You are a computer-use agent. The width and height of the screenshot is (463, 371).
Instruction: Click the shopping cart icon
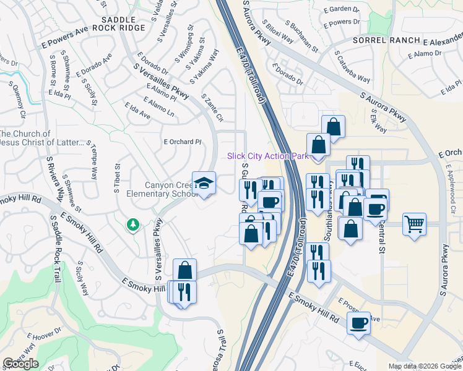pyautogui.click(x=414, y=224)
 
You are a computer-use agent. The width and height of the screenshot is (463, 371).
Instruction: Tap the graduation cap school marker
pyautogui.click(x=204, y=183)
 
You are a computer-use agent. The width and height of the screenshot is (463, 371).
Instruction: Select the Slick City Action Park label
pyautogui.click(x=267, y=156)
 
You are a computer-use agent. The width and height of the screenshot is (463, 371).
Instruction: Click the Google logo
pyautogui.click(x=20, y=364)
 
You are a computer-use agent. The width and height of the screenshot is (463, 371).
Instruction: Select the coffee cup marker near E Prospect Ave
pyautogui.click(x=358, y=323)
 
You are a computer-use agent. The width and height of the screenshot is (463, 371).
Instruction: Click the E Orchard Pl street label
pyautogui.click(x=183, y=141)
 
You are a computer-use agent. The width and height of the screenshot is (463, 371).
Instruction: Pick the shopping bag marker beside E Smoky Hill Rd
pyautogui.click(x=184, y=270)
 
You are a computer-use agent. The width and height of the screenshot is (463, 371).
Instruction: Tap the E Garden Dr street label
pyautogui.click(x=344, y=9)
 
